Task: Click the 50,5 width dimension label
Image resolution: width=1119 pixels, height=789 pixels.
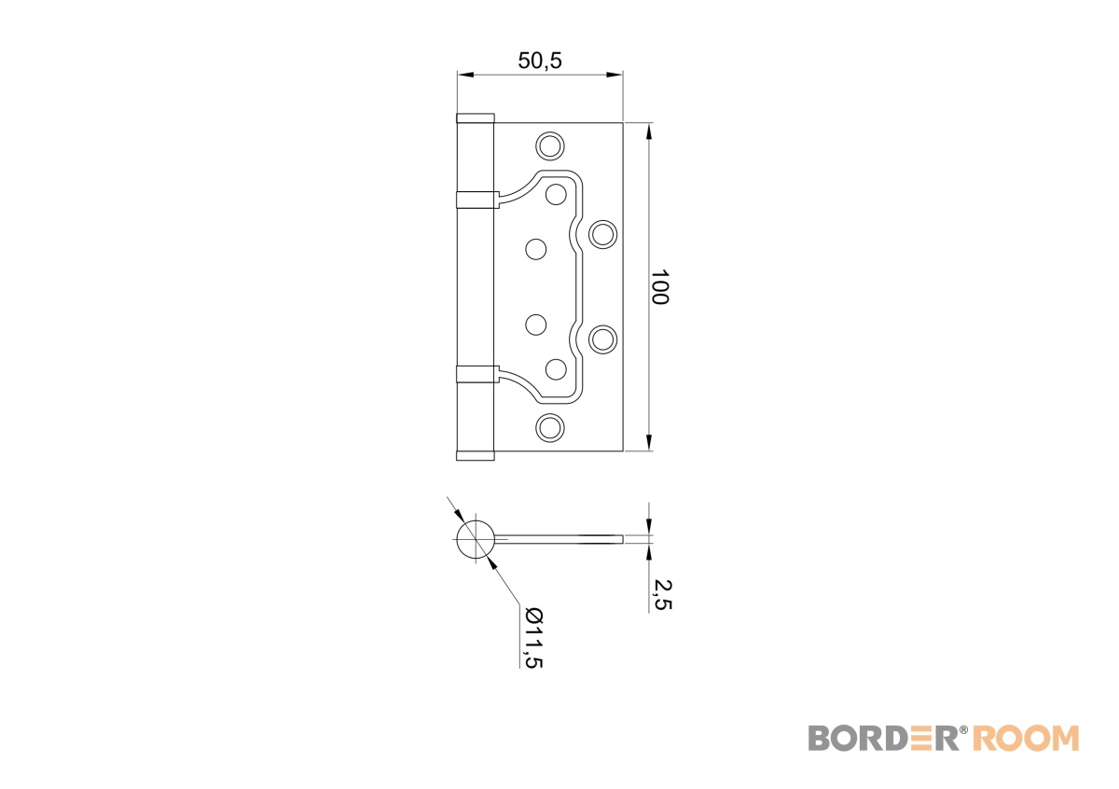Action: pos(540,61)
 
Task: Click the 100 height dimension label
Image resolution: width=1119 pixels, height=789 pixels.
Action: pos(660,287)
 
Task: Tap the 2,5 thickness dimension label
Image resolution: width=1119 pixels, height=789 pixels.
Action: pos(663,595)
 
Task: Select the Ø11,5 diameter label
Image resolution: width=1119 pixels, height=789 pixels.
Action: pos(533,638)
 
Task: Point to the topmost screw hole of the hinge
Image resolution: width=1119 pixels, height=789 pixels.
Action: pos(550,146)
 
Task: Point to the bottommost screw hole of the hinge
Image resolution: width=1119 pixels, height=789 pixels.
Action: pos(550,428)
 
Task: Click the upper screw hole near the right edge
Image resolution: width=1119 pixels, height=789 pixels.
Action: pos(603,234)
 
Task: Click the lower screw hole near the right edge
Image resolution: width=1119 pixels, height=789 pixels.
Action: pos(603,339)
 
